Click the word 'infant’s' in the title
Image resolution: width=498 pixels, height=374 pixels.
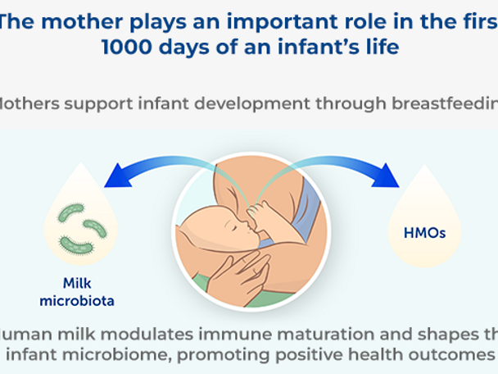[x=301, y=47]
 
